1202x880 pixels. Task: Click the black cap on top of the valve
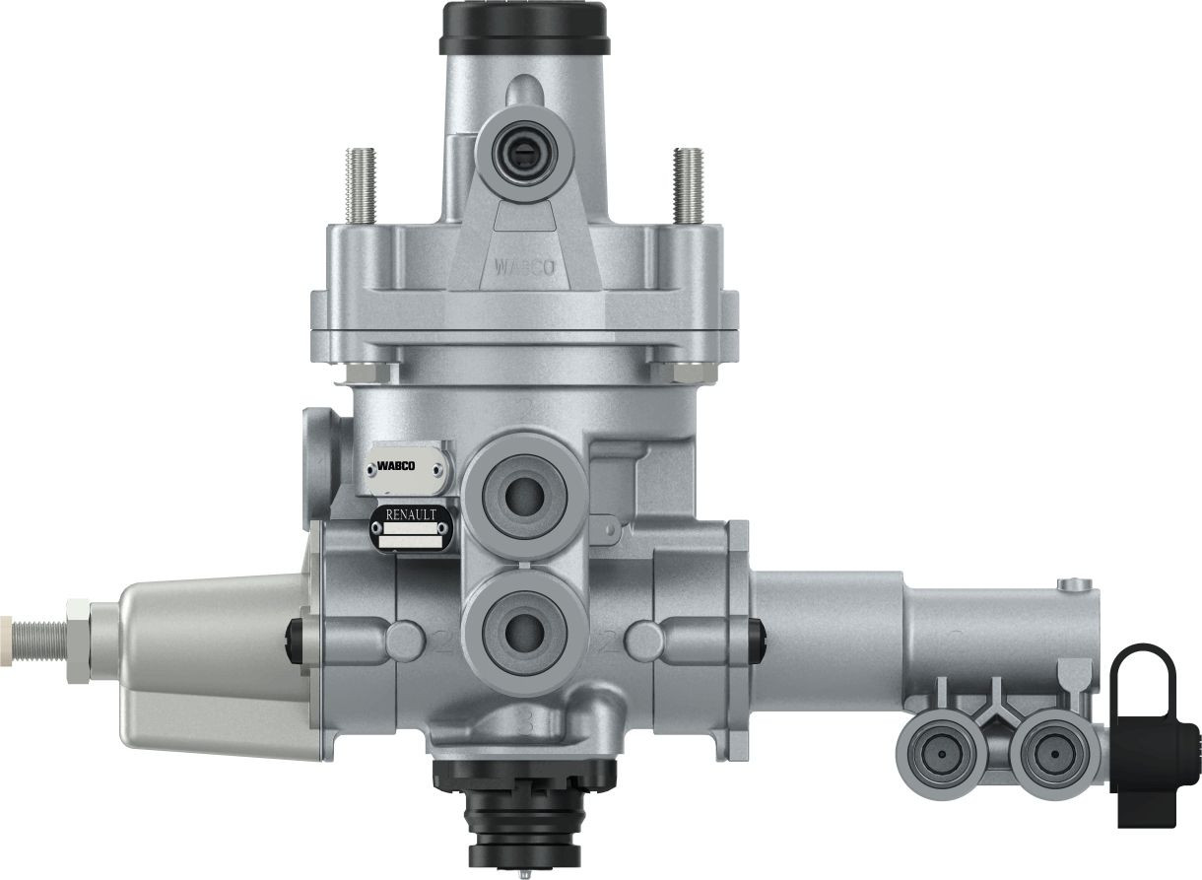(525, 29)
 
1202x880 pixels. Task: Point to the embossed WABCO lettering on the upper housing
(523, 267)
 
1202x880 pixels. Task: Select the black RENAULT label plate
(411, 529)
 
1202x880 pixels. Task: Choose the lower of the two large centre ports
(521, 627)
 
